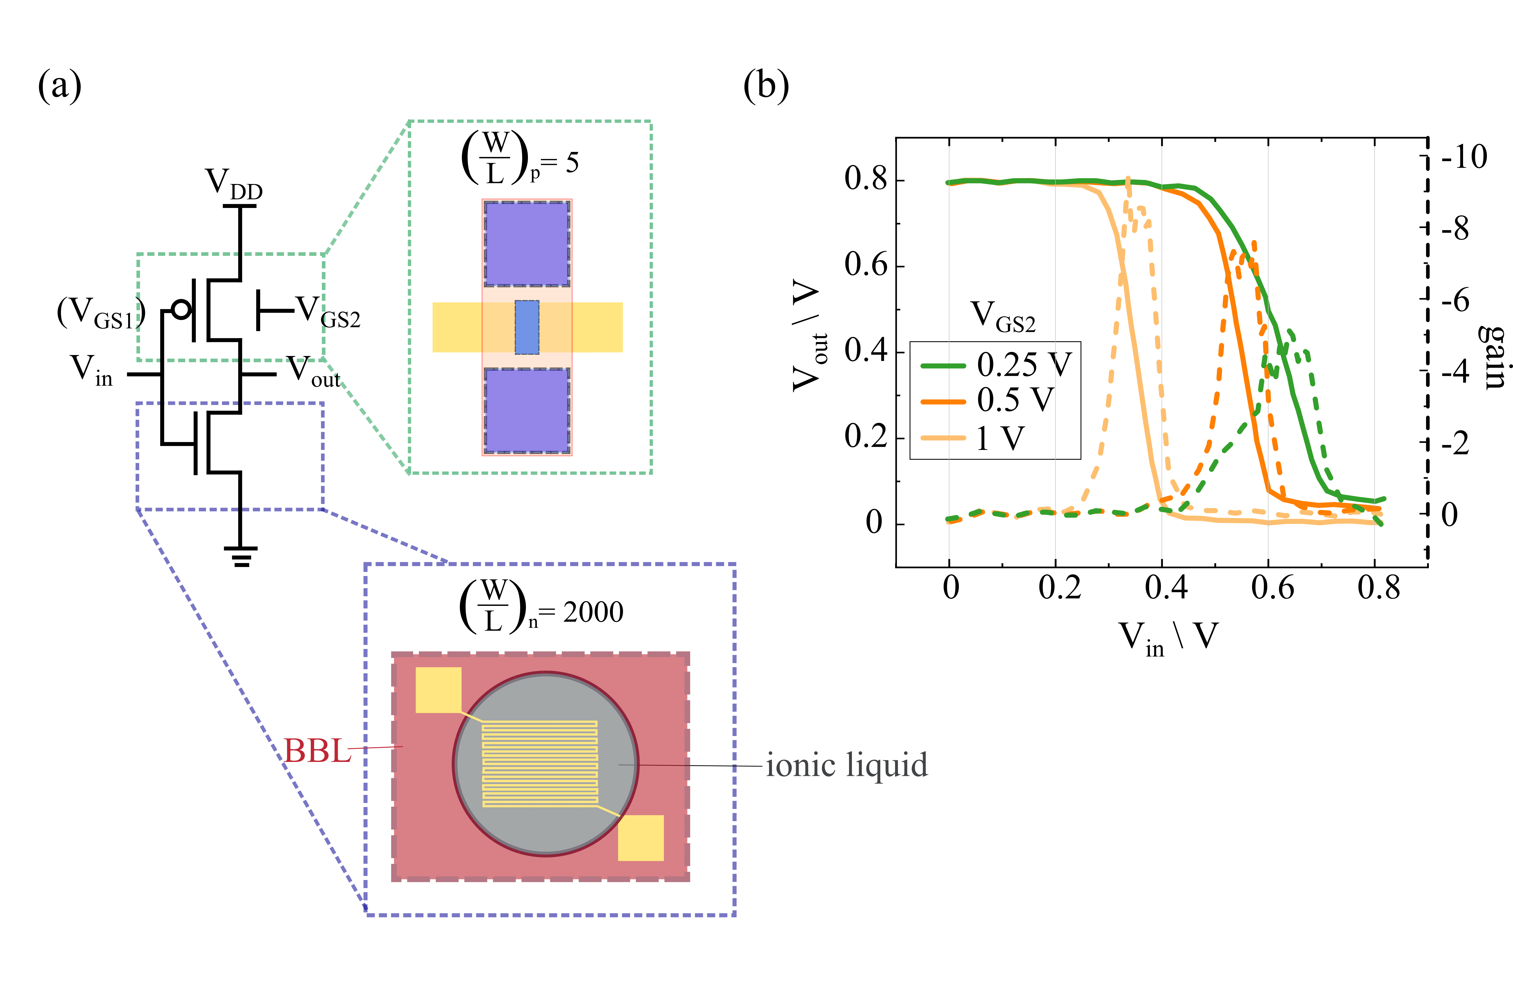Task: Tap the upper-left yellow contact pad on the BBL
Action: point(438,690)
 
